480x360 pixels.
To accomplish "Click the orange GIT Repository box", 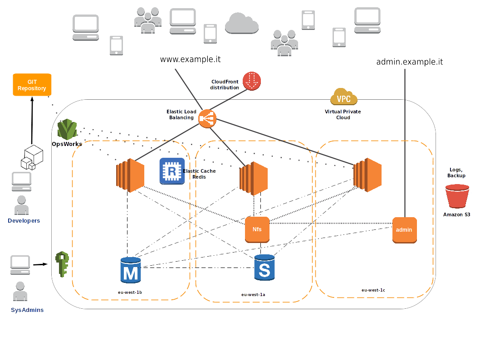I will pos(32,85).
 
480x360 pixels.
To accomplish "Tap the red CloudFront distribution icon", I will pos(252,81).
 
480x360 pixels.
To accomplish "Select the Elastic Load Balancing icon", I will pos(207,118).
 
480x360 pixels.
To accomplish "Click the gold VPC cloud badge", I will pos(344,97).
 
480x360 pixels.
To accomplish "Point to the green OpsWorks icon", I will pos(68,130).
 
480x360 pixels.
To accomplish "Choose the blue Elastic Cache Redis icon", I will pos(172,171).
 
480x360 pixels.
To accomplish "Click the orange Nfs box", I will pos(257,229).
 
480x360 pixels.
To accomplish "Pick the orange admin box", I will pos(404,230).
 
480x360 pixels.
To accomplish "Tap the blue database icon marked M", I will pos(131,271).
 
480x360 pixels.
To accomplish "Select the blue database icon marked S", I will pos(264,268).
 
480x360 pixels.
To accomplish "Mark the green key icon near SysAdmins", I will pos(62,264).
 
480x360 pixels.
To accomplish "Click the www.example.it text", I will pos(191,59).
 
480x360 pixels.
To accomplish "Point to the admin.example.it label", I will pos(410,62).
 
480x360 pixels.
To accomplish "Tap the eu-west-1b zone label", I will pos(130,292).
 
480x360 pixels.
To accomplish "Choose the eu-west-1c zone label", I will pos(373,290).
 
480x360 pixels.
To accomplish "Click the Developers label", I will pos(24,221).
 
